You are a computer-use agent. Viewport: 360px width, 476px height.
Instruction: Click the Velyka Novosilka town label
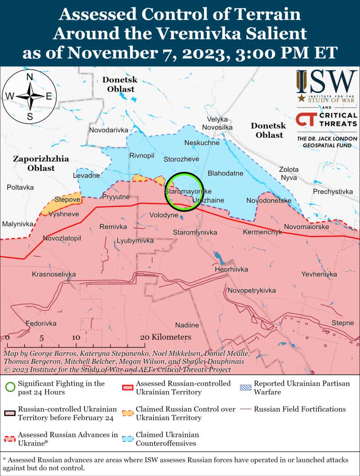[x=217, y=124]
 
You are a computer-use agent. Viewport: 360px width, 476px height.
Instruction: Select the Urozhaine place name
[x=208, y=199]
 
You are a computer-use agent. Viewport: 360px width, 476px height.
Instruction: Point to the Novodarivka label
[x=109, y=130]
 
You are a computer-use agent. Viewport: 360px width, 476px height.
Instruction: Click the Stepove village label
[x=67, y=199]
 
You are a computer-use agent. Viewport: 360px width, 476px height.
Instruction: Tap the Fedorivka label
[x=41, y=323]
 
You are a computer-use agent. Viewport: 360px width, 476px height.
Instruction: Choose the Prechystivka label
[x=333, y=192]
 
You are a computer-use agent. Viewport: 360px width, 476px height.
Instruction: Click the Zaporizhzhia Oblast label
[x=40, y=163]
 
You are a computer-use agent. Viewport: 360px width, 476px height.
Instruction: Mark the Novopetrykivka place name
[x=252, y=290]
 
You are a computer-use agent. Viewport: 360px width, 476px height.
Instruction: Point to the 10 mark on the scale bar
[x=76, y=337]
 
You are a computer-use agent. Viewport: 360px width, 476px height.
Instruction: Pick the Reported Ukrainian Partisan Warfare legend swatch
[x=246, y=387]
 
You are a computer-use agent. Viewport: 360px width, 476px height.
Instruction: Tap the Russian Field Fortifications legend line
[x=246, y=409]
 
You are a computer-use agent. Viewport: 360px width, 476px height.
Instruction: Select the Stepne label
[x=342, y=323]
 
